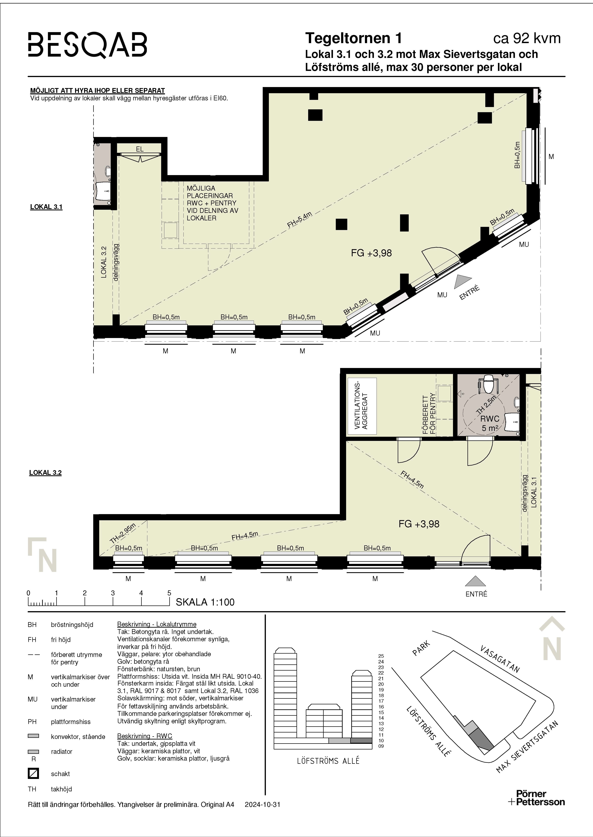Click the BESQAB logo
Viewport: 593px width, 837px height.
pyautogui.click(x=88, y=45)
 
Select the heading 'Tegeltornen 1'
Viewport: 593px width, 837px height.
pyautogui.click(x=353, y=38)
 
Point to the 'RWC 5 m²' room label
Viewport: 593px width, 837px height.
pyautogui.click(x=490, y=423)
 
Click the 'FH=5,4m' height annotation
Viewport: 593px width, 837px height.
pyautogui.click(x=299, y=220)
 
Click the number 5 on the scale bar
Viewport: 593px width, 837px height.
pyautogui.click(x=169, y=593)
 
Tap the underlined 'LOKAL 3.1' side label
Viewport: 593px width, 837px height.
pyautogui.click(x=46, y=207)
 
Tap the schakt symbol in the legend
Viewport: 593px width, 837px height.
pyautogui.click(x=33, y=773)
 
